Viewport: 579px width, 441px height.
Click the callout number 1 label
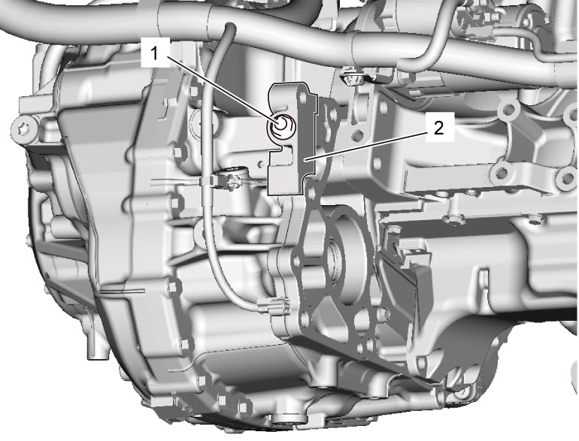(x=155, y=53)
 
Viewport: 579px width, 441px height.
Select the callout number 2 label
(x=439, y=128)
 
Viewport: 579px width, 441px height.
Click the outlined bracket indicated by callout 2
(x=292, y=138)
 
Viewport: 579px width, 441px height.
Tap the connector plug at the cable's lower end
(x=274, y=306)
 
